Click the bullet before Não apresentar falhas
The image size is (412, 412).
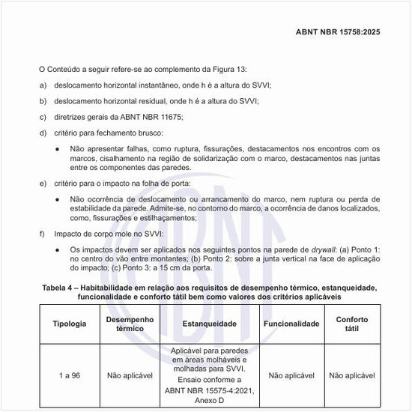[x=58, y=148]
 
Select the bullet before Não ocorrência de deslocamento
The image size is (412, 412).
[x=58, y=199]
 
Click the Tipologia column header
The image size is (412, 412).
[x=70, y=324]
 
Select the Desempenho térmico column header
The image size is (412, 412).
[x=130, y=324]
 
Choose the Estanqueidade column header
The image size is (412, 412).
[x=210, y=324]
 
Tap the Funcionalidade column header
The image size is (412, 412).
[x=292, y=324]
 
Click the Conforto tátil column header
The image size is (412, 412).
[x=352, y=324]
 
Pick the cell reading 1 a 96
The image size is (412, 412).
[x=70, y=375]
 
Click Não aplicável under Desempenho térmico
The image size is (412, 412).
[x=130, y=375]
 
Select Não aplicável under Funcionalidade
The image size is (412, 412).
[x=292, y=375]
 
